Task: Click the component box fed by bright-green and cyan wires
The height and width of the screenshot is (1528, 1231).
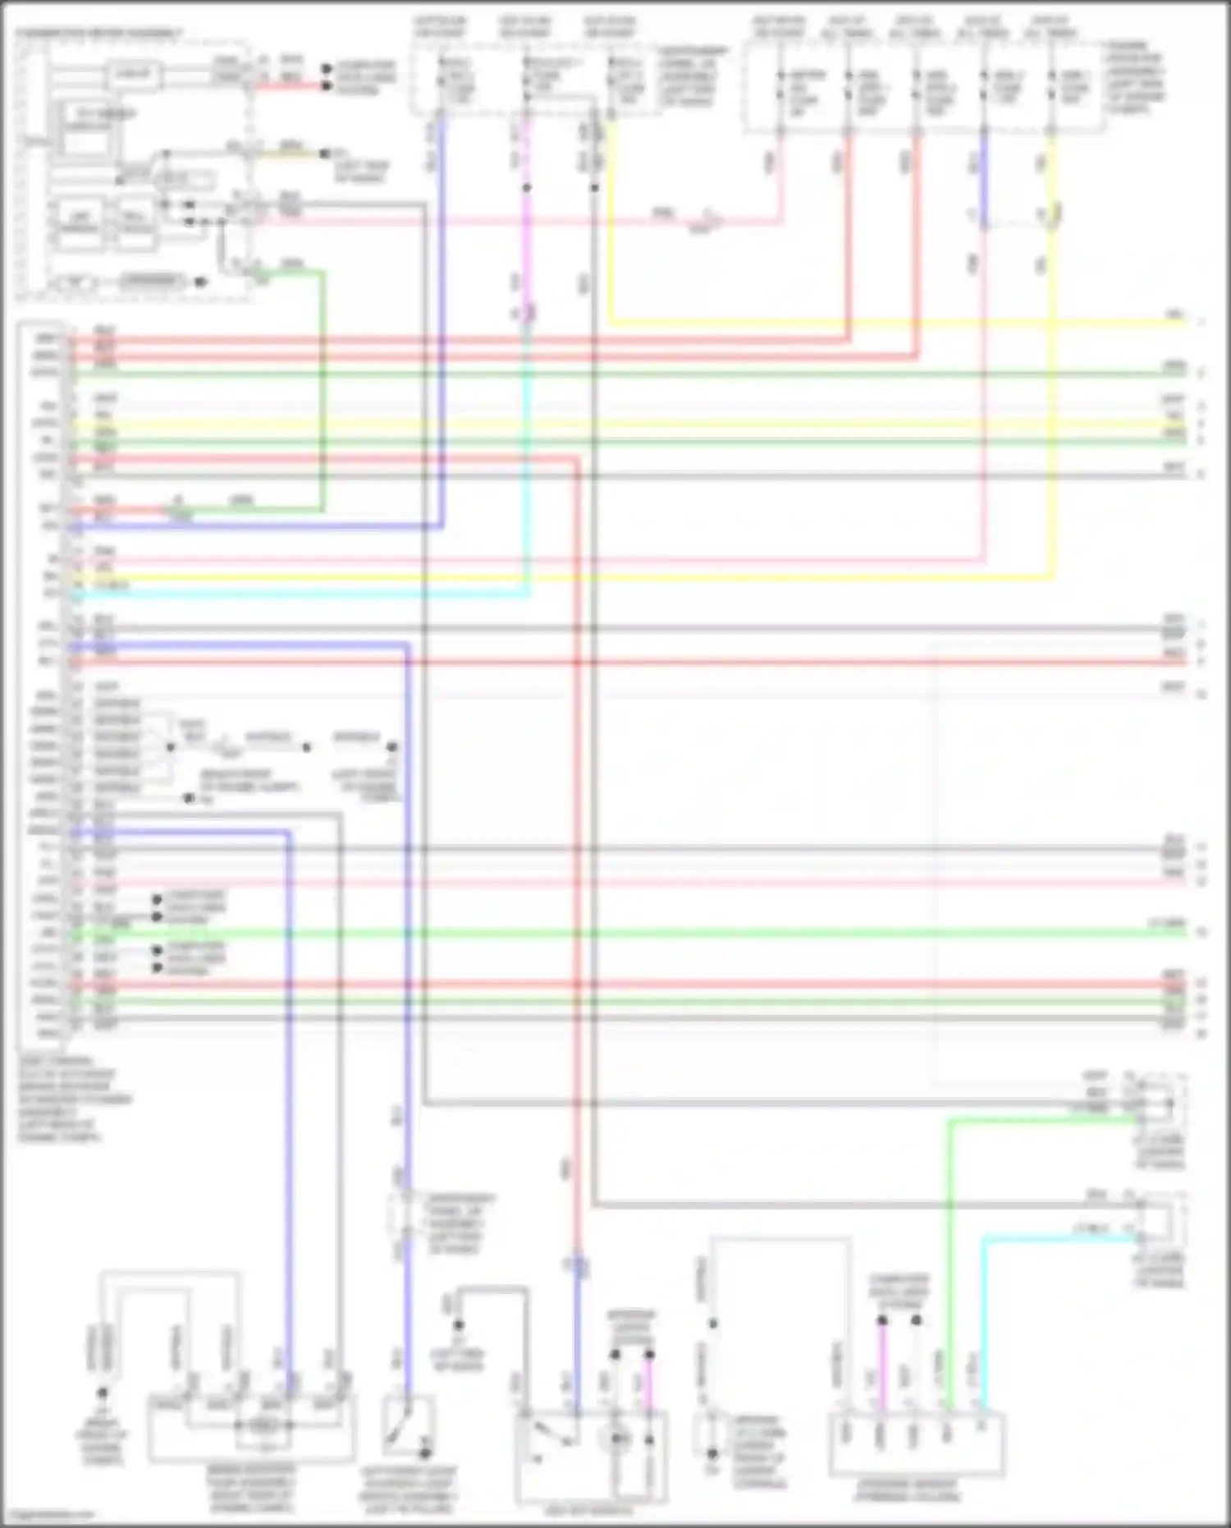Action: tap(917, 1443)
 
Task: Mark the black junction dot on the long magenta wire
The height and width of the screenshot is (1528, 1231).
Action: tap(526, 188)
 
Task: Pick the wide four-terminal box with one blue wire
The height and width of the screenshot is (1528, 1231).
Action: tap(251, 1429)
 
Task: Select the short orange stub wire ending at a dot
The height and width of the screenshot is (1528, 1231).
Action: tap(287, 153)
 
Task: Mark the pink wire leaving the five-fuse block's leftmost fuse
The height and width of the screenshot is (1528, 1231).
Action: tap(780, 177)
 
